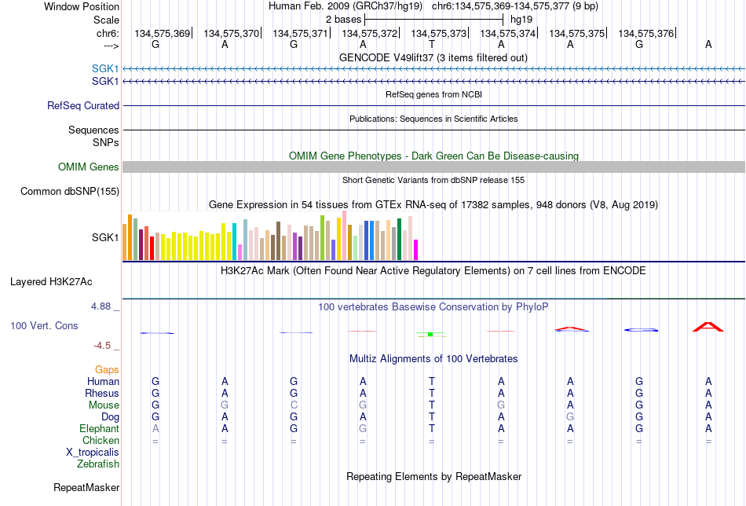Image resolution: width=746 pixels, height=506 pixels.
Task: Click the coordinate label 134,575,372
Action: [369, 33]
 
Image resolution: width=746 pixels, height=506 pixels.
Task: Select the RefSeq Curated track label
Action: [83, 105]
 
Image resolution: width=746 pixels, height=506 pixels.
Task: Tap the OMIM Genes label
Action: [89, 167]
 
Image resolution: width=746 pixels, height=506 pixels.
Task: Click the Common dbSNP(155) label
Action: [70, 192]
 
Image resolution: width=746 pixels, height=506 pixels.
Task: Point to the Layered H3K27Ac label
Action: [51, 282]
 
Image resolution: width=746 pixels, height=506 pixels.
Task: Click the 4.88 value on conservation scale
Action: [101, 306]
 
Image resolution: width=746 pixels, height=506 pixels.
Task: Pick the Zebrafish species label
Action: [98, 464]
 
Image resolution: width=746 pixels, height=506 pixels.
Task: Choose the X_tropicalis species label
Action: [93, 453]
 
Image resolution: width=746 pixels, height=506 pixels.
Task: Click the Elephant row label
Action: [99, 429]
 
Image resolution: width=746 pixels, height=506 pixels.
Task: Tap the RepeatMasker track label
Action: [86, 487]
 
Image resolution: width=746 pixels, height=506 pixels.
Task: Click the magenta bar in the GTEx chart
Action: [416, 250]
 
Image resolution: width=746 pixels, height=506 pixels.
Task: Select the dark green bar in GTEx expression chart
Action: [399, 239]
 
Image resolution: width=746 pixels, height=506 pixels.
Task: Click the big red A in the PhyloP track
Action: [708, 327]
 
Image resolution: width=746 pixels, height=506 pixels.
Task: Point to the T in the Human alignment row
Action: [432, 381]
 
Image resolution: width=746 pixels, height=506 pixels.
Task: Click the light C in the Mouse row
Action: [294, 405]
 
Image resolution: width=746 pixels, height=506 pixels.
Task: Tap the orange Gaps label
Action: [107, 370]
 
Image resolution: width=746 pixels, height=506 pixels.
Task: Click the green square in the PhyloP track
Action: [430, 335]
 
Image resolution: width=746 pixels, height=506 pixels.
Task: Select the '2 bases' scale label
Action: [343, 20]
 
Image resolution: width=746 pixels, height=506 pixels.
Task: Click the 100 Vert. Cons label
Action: [44, 325]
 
